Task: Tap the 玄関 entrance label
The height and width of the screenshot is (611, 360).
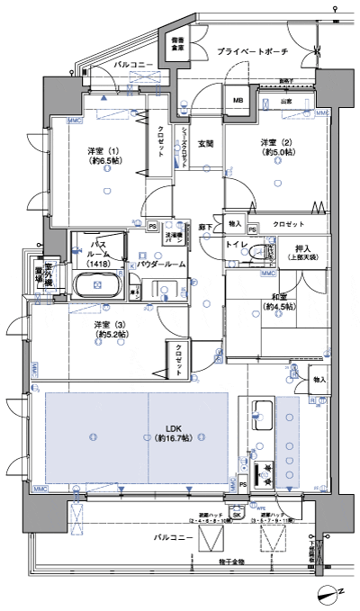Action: point(206,143)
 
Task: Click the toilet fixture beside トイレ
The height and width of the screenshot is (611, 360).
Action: point(260,250)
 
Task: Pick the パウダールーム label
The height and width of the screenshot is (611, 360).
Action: point(161,265)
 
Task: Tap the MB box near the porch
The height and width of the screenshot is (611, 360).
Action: point(240,101)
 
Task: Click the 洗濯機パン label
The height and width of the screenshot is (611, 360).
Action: point(175,238)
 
